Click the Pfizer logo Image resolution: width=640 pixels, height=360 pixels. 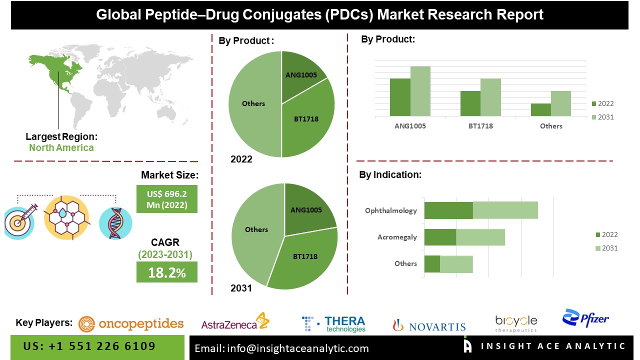click(585, 318)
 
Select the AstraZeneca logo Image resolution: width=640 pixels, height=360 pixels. click(235, 322)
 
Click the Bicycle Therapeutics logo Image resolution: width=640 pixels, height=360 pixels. click(516, 323)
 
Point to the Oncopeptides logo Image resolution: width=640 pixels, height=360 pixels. click(131, 324)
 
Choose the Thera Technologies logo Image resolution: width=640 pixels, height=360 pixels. click(334, 324)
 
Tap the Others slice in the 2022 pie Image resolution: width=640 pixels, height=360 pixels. click(253, 104)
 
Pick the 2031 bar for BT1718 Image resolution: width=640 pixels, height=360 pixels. click(490, 97)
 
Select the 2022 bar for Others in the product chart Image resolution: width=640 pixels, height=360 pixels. click(540, 110)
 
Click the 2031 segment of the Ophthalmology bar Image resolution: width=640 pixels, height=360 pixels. click(505, 210)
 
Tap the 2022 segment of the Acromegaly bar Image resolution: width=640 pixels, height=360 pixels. click(440, 237)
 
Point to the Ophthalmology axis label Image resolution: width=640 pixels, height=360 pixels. click(391, 210)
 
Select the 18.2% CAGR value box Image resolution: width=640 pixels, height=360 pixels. click(167, 272)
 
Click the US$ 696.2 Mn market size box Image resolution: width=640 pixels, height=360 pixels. click(167, 199)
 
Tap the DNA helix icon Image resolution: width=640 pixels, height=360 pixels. click(115, 223)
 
